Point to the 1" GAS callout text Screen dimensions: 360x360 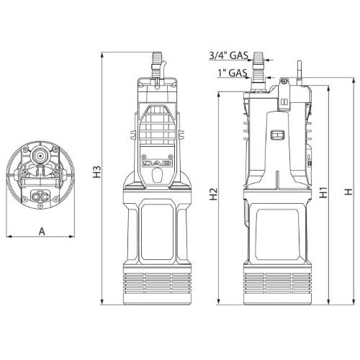(x=233, y=73)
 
